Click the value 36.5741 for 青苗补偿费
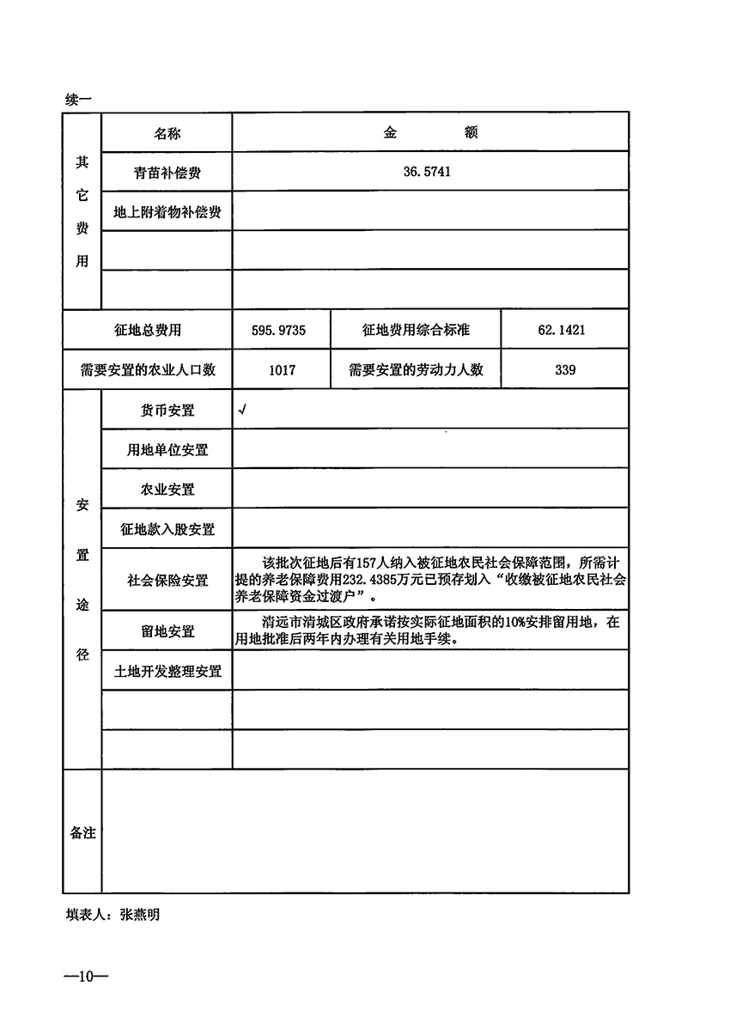(x=427, y=172)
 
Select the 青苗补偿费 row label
(x=167, y=173)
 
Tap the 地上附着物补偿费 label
(x=167, y=211)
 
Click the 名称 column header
(x=167, y=134)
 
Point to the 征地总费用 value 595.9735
(x=281, y=330)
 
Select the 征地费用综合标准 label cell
(x=416, y=330)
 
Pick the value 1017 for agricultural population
(x=281, y=370)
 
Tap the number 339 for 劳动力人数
(x=564, y=370)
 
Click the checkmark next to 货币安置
(x=243, y=411)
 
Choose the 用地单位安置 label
(x=167, y=450)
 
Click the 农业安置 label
(x=167, y=490)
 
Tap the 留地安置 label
(x=168, y=631)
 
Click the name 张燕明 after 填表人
(x=140, y=915)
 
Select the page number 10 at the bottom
(x=84, y=977)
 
